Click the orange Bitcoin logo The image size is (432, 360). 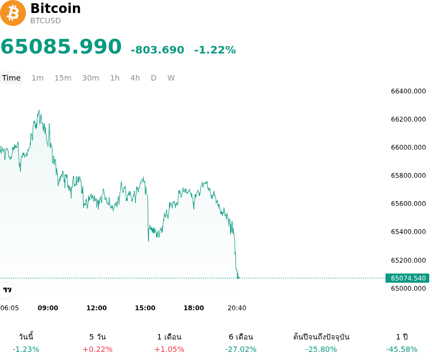coord(12,13)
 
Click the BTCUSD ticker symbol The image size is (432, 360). coord(45,21)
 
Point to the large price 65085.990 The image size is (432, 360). coord(61,46)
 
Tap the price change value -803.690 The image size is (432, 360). coord(157,50)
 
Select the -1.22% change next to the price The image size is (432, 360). coord(215,50)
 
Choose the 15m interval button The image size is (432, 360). coord(63,78)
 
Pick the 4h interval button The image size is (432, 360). coord(135,78)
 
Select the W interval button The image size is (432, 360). coord(171,78)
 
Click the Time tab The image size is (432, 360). coord(11,78)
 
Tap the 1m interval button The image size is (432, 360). coord(37,78)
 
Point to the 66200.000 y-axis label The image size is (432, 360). coord(408,119)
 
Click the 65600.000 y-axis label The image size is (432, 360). coord(408,204)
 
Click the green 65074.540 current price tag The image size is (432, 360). coord(408,278)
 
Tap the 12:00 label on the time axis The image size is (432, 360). coord(97,308)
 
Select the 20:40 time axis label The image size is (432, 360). coord(237,308)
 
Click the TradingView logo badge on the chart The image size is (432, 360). coord(7,290)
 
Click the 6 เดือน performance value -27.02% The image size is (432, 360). coord(241,350)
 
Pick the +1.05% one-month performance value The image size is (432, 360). coord(169,350)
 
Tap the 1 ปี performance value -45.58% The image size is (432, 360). coord(402,350)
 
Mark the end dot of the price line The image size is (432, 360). coord(238,278)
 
